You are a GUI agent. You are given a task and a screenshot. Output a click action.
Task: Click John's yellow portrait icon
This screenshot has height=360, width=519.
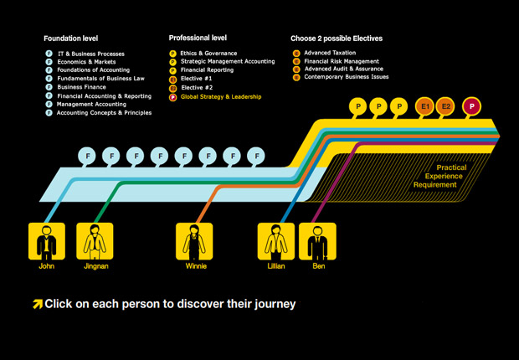[x=47, y=241]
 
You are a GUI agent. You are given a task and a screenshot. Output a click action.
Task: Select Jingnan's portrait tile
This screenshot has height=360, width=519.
[x=95, y=241]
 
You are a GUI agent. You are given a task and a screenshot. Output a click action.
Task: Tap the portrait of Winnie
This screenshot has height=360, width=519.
[x=194, y=241]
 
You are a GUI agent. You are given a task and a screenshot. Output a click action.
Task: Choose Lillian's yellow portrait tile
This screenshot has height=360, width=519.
[x=276, y=241]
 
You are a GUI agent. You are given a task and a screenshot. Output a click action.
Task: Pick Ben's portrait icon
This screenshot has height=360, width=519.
[x=318, y=241]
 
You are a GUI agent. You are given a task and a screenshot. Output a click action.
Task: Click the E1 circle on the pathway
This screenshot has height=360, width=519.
[x=425, y=106]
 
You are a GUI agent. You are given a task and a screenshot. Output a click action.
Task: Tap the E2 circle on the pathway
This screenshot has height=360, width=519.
[x=445, y=106]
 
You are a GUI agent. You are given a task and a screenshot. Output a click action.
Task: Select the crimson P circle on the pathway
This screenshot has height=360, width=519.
[x=471, y=106]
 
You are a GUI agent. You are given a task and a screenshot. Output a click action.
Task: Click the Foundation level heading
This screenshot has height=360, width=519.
[x=71, y=39]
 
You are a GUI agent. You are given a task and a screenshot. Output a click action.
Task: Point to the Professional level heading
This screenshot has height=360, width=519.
[x=198, y=38]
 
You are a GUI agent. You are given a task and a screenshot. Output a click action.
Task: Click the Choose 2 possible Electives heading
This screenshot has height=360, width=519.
[x=337, y=39]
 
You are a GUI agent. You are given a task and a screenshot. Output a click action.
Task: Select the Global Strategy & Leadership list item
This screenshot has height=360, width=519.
[x=221, y=97]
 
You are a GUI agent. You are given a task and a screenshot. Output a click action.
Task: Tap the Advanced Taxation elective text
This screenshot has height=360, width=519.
[x=330, y=53]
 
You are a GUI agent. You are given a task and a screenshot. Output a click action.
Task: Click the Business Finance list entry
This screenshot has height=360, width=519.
[x=81, y=87]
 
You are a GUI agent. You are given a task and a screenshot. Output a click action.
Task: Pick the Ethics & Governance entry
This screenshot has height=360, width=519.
[x=208, y=54]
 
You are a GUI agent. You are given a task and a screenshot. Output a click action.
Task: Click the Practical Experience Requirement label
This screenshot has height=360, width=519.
[x=439, y=176]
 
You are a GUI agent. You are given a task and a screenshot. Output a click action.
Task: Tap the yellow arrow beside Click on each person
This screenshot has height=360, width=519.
[x=38, y=304]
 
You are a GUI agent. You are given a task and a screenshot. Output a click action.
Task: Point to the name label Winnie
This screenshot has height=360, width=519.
[x=196, y=266]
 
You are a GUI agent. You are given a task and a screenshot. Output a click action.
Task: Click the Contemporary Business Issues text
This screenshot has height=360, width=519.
[x=347, y=77]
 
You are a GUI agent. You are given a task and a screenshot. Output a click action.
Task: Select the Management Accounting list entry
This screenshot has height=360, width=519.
[x=91, y=105]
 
